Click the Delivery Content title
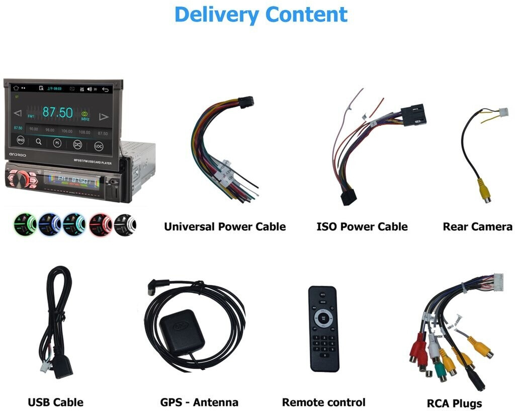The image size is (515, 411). coord(261,15)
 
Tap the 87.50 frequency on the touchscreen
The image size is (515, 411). coord(57,112)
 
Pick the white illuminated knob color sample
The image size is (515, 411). coord(124,224)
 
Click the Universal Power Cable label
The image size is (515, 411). coord(224,227)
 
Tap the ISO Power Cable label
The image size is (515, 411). coord(362,227)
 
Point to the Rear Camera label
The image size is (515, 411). coord(477,227)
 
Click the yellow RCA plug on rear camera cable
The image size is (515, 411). coord(484,191)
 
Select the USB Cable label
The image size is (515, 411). coord(55,402)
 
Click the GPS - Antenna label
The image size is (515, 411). coord(199,402)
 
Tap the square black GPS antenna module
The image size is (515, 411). coord(182,332)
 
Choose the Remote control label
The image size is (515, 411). coord(323,402)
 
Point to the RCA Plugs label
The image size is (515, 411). coord(454,403)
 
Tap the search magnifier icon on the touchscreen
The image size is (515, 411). coord(39,142)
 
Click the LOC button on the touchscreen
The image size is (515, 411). coord(99,146)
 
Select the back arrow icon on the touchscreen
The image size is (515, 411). coord(106,90)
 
